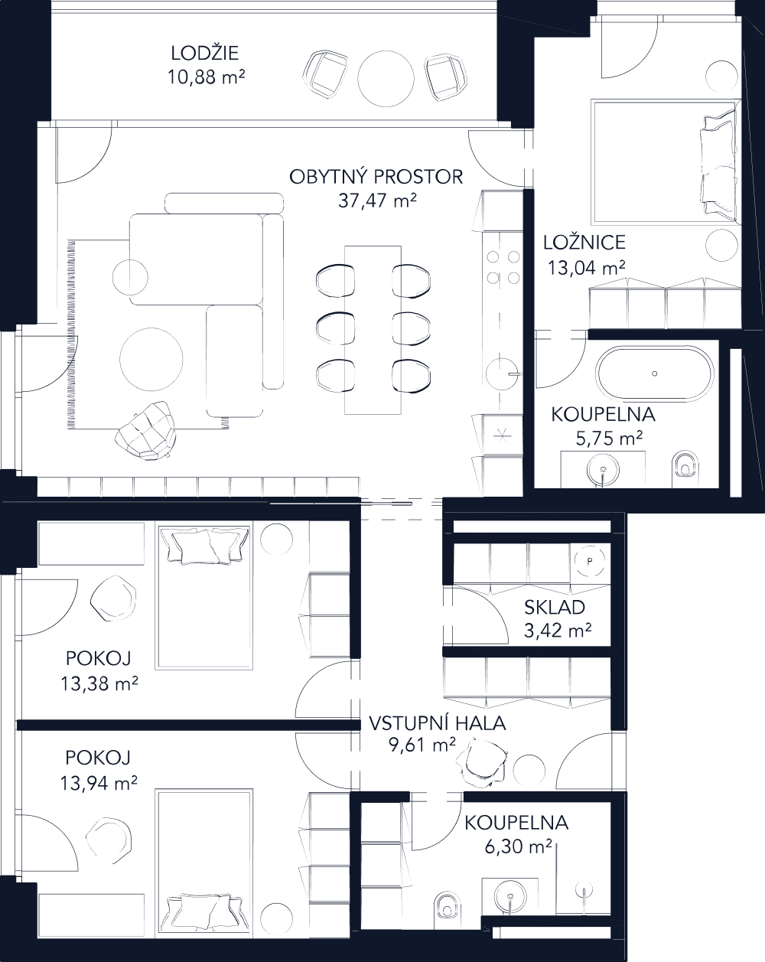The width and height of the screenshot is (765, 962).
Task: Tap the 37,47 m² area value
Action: tap(376, 201)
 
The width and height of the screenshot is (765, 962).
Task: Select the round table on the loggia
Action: tap(386, 77)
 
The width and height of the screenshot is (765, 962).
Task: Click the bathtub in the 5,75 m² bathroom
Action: tap(654, 373)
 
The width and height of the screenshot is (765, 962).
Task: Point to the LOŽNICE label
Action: tap(584, 243)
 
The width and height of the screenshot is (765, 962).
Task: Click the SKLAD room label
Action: tap(555, 608)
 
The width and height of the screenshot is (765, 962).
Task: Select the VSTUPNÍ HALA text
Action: tap(437, 723)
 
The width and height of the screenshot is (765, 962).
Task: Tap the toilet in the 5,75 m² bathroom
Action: tap(686, 465)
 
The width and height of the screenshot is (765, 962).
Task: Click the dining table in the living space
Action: tap(373, 329)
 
